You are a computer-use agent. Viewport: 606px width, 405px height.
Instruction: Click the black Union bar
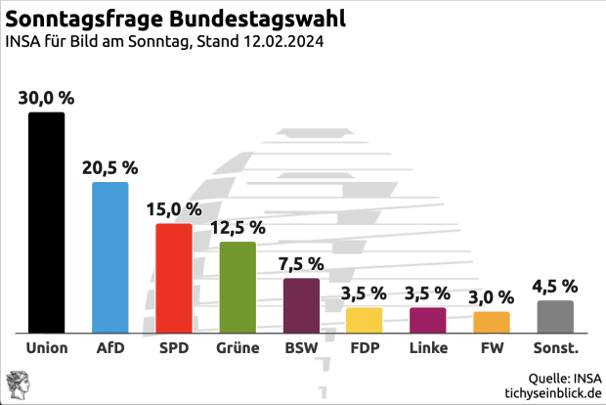pos(46,222)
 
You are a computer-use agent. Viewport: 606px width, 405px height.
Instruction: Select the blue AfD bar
pos(109,257)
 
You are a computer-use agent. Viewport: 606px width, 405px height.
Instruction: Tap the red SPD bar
pos(174,278)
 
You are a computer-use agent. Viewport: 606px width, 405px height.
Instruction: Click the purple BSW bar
pos(301,305)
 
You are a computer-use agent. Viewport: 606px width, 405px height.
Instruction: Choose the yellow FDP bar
pos(364,320)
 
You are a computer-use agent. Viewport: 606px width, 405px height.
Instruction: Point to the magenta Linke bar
pos(428,320)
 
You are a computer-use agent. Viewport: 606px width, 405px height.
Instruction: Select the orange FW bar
pos(492,322)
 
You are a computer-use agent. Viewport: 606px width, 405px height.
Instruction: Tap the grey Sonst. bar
pos(555,316)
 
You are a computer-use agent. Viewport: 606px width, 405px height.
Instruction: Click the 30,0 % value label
pos(46,97)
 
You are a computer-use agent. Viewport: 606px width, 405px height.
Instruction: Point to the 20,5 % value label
pos(109,167)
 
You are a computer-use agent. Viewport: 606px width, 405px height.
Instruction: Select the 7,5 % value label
pos(301,263)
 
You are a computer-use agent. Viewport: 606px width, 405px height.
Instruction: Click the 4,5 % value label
pos(555,286)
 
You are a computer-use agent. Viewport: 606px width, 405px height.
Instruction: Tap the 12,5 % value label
pos(238,227)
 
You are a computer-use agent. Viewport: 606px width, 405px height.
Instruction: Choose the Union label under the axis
pos(46,348)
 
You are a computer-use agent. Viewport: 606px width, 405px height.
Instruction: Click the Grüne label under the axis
pos(238,348)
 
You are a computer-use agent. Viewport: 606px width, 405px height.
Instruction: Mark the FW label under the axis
pos(492,348)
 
